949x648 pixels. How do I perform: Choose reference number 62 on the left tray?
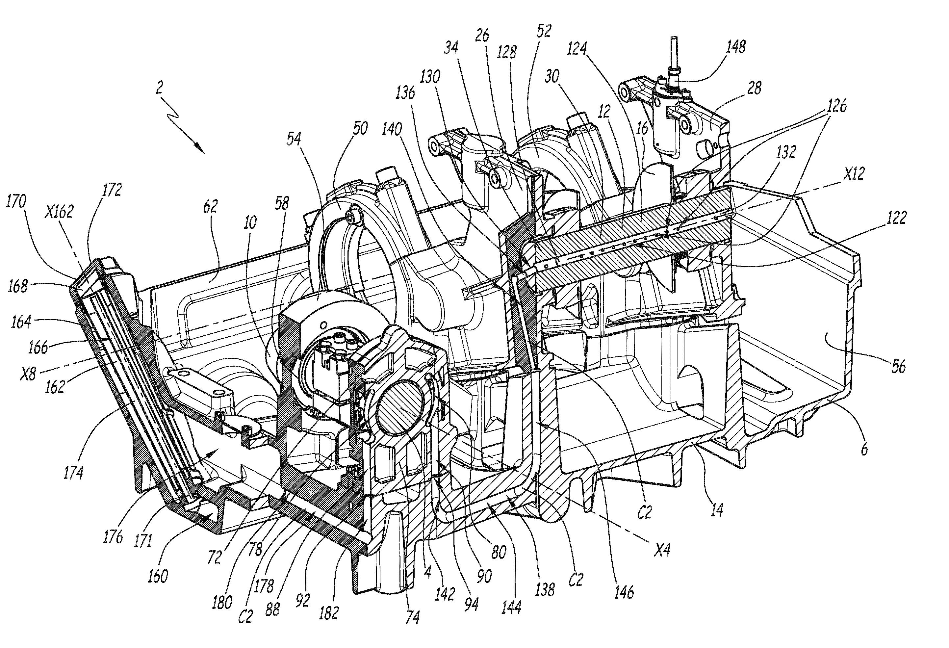pyautogui.click(x=210, y=207)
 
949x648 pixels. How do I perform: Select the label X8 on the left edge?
pyautogui.click(x=28, y=374)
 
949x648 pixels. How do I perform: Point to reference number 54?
pyautogui.click(x=294, y=139)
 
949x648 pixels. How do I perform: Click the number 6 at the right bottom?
pyautogui.click(x=864, y=450)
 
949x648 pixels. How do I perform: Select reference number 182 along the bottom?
pyautogui.click(x=329, y=612)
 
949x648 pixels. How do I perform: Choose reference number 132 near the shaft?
pyautogui.click(x=786, y=152)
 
